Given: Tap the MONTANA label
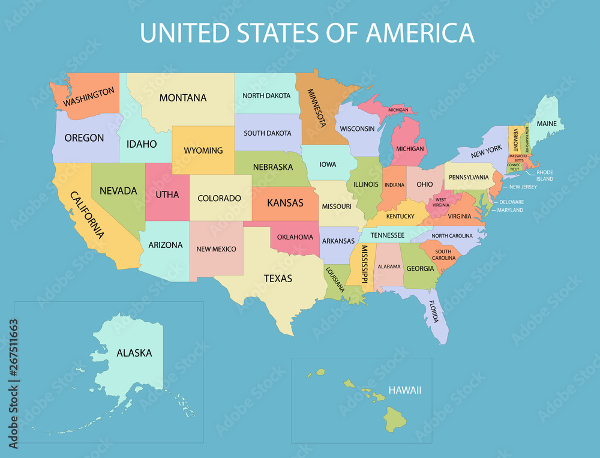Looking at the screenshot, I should click(x=182, y=98).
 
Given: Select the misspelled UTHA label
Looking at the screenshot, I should click(x=167, y=194).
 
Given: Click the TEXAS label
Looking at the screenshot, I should click(x=278, y=279).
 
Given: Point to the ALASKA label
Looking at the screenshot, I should click(x=134, y=353).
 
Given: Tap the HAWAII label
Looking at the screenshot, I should click(x=405, y=390).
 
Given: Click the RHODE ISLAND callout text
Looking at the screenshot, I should click(x=545, y=176).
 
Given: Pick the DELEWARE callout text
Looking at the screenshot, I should click(x=511, y=202).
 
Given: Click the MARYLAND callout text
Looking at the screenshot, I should click(x=510, y=210).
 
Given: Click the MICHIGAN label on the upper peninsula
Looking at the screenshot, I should click(x=398, y=110).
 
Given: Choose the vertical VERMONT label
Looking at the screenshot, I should click(x=515, y=139).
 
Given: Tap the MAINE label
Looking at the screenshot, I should click(x=546, y=124).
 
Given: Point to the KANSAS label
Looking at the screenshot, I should click(x=285, y=203).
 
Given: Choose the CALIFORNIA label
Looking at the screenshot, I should click(x=88, y=215).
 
